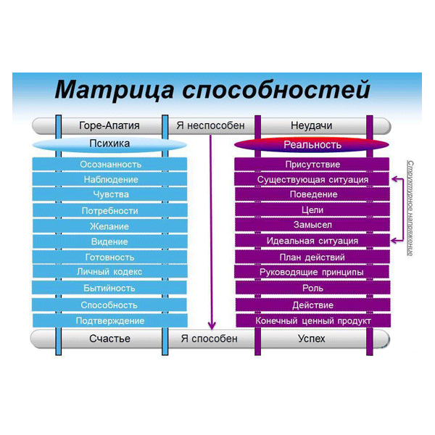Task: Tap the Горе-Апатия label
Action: [x=109, y=125]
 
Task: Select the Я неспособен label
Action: [x=210, y=125]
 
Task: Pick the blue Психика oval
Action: [x=109, y=144]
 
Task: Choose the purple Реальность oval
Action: [x=312, y=144]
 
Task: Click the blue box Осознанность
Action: [x=110, y=164]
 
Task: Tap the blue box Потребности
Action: [x=110, y=210]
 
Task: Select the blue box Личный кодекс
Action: [x=110, y=272]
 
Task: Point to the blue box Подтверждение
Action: [x=110, y=320]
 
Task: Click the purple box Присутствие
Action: [x=312, y=164]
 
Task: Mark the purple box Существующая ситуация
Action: [x=312, y=179]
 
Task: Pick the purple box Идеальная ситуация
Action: [x=312, y=241]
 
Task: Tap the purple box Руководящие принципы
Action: [x=312, y=272]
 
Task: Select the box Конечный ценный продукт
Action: [x=312, y=320]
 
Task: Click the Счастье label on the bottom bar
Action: [x=109, y=339]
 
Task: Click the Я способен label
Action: [x=210, y=339]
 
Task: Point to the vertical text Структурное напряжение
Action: [x=410, y=207]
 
